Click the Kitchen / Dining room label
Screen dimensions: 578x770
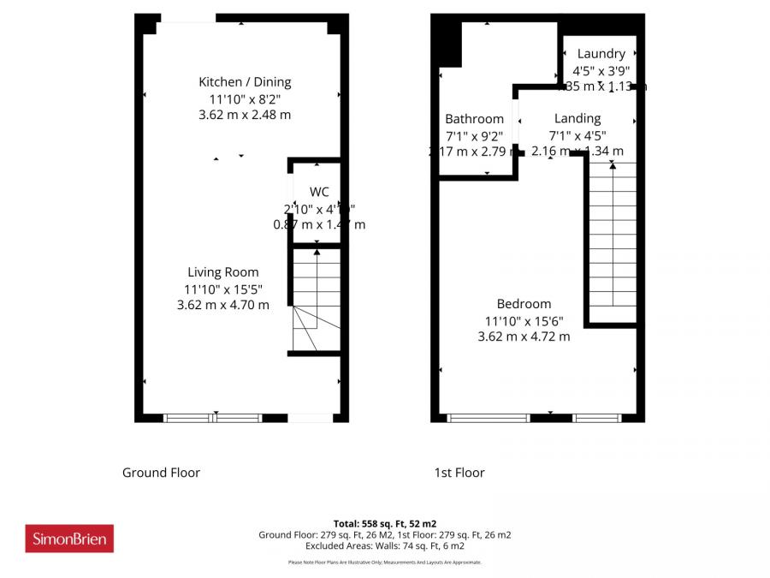pos(245,82)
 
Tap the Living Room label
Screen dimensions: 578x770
pos(222,273)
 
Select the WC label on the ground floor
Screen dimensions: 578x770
pos(319,192)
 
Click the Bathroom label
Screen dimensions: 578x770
pos(474,119)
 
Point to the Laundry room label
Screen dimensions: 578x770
pos(601,54)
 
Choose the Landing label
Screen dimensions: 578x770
pos(577,118)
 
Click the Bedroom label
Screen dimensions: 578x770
pos(524,304)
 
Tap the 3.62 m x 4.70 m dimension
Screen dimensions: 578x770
pos(222,304)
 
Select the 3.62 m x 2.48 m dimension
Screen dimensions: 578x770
pos(245,114)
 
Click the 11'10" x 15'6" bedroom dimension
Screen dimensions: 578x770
pos(524,320)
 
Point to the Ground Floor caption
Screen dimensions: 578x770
pos(161,473)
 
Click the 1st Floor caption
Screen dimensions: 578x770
pos(459,473)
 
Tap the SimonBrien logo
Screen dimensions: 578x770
pos(69,539)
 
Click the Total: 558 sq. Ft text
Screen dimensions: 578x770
pos(384,523)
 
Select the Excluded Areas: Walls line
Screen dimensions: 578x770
pos(384,545)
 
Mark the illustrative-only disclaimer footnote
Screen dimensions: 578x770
pos(384,563)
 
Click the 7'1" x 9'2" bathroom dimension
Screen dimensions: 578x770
pos(474,135)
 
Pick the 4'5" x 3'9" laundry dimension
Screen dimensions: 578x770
pos(601,70)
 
